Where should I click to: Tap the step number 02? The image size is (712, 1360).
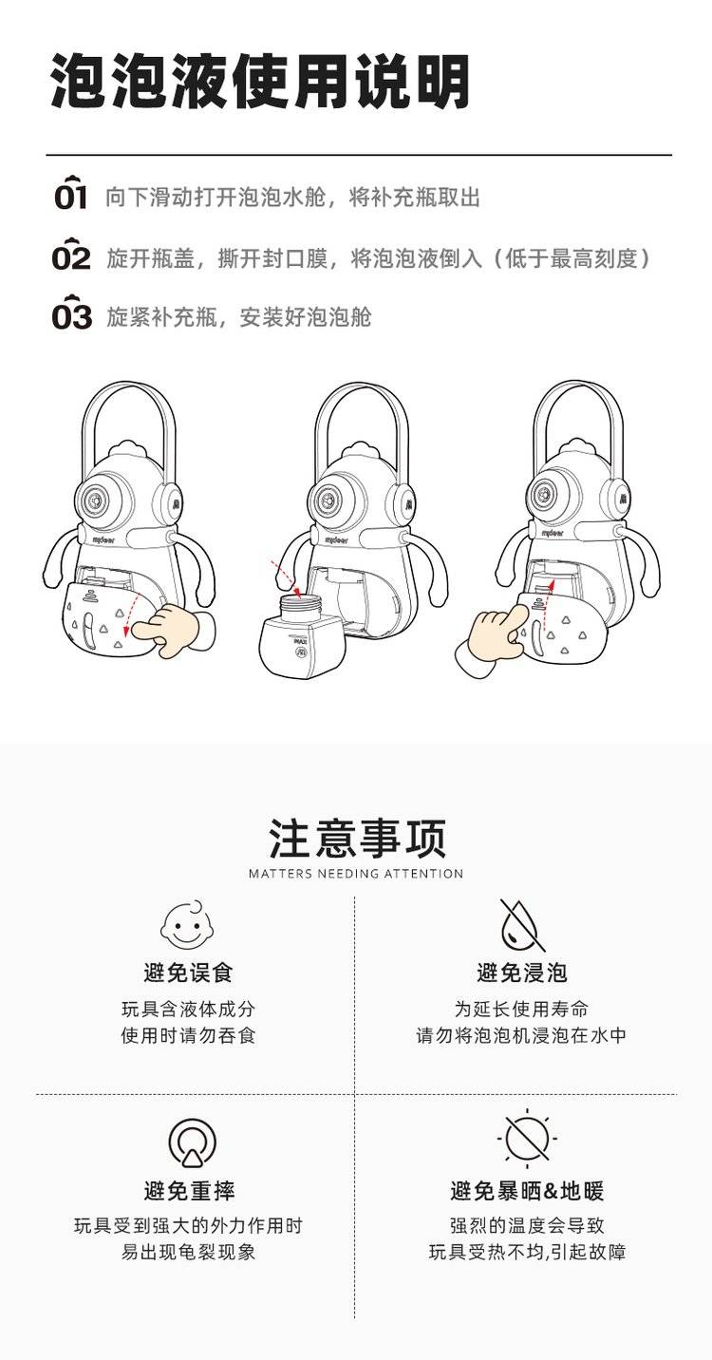click(x=71, y=255)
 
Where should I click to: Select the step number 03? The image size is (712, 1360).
click(x=71, y=312)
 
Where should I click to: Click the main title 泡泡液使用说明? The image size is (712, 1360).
click(x=260, y=82)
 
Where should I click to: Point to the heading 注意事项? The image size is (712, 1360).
click(x=357, y=838)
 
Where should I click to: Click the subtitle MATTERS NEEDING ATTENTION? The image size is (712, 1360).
click(x=356, y=874)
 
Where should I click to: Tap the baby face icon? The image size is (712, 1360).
click(x=188, y=924)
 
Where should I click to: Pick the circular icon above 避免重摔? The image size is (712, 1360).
click(x=193, y=1142)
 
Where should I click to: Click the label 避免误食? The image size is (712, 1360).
click(x=188, y=973)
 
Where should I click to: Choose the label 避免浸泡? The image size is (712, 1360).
click(x=522, y=973)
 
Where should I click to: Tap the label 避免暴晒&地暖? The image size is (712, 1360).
click(x=527, y=1191)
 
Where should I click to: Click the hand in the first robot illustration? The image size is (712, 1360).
click(x=174, y=631)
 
